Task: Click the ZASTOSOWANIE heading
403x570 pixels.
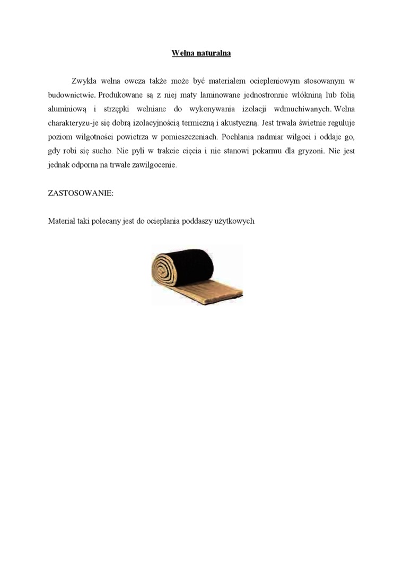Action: coord(81,193)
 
